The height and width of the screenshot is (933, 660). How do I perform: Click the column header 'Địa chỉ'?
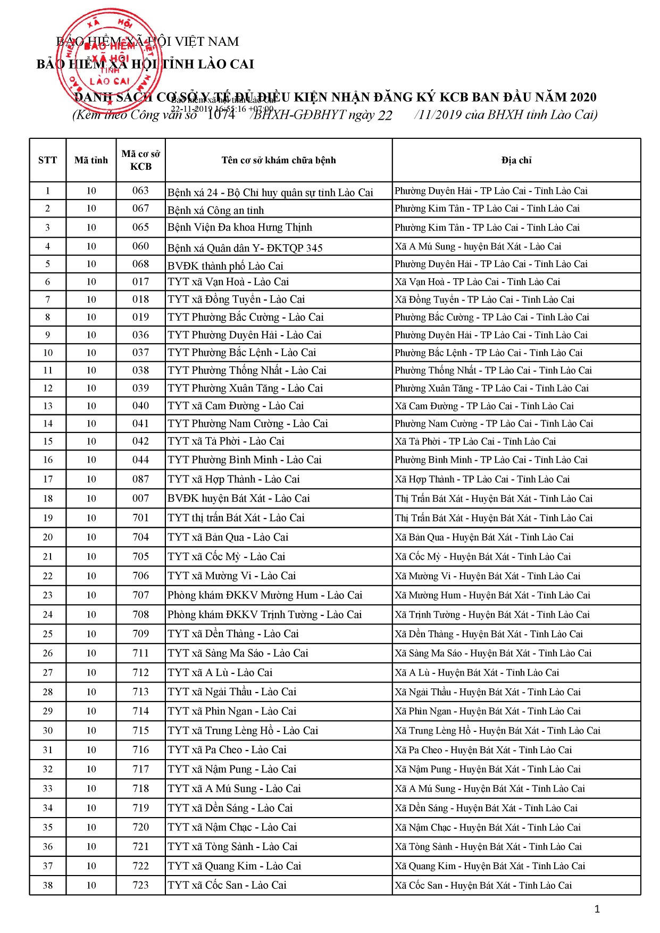[x=516, y=160]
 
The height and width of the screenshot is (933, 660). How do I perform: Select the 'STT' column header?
[x=47, y=160]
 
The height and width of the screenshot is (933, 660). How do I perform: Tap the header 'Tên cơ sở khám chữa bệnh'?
[x=279, y=160]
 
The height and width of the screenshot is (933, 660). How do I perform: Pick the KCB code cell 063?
[x=140, y=190]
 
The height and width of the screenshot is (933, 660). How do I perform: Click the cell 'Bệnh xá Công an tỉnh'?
[x=215, y=210]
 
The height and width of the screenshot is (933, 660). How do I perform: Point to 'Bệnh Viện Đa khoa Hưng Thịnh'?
[x=240, y=228]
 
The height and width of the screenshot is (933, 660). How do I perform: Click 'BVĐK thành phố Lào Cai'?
[x=225, y=266]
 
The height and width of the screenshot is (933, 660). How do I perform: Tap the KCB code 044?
[x=140, y=460]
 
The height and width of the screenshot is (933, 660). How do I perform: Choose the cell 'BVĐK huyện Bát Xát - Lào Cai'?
[x=238, y=498]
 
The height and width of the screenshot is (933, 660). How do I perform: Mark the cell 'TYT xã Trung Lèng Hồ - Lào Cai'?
[x=243, y=730]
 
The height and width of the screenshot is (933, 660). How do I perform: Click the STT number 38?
[x=47, y=885]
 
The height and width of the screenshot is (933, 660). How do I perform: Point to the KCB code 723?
[x=140, y=885]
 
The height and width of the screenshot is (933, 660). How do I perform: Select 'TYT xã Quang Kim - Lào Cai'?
[x=234, y=866]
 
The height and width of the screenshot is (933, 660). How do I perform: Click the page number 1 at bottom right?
[x=597, y=910]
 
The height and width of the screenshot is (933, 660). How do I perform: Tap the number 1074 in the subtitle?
[x=221, y=114]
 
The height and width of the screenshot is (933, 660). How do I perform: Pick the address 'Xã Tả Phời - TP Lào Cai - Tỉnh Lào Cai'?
[x=475, y=441]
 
